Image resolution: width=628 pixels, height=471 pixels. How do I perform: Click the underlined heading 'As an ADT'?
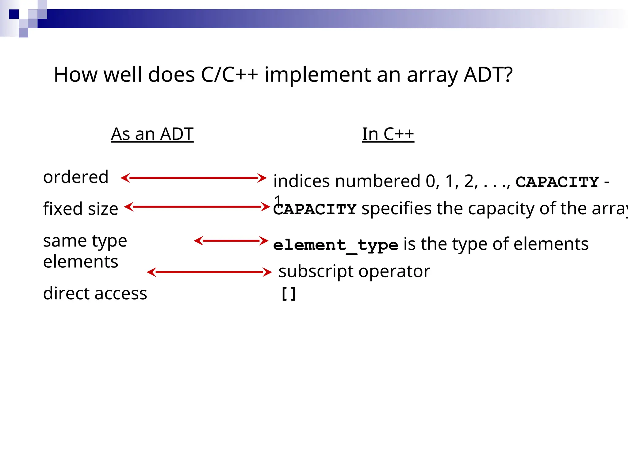point(152,134)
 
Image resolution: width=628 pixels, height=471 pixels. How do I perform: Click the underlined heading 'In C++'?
point(388,134)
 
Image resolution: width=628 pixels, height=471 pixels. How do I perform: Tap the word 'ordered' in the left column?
point(76,177)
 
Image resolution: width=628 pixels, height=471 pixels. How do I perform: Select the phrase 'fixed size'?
point(80,209)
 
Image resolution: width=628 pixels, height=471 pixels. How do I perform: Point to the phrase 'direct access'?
point(95,293)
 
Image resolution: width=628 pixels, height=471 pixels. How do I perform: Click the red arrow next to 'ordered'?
point(193,178)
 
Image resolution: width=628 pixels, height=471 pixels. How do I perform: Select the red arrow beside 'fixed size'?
point(197,207)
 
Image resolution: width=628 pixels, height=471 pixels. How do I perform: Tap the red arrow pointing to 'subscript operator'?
point(209,272)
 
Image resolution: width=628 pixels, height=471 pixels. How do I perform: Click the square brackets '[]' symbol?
point(288,294)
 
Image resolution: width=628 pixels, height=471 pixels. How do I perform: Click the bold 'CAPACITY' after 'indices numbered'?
point(557,182)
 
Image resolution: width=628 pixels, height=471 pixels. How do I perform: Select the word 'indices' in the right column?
point(301,181)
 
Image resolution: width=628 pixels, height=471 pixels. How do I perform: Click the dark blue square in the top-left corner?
point(14,14)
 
